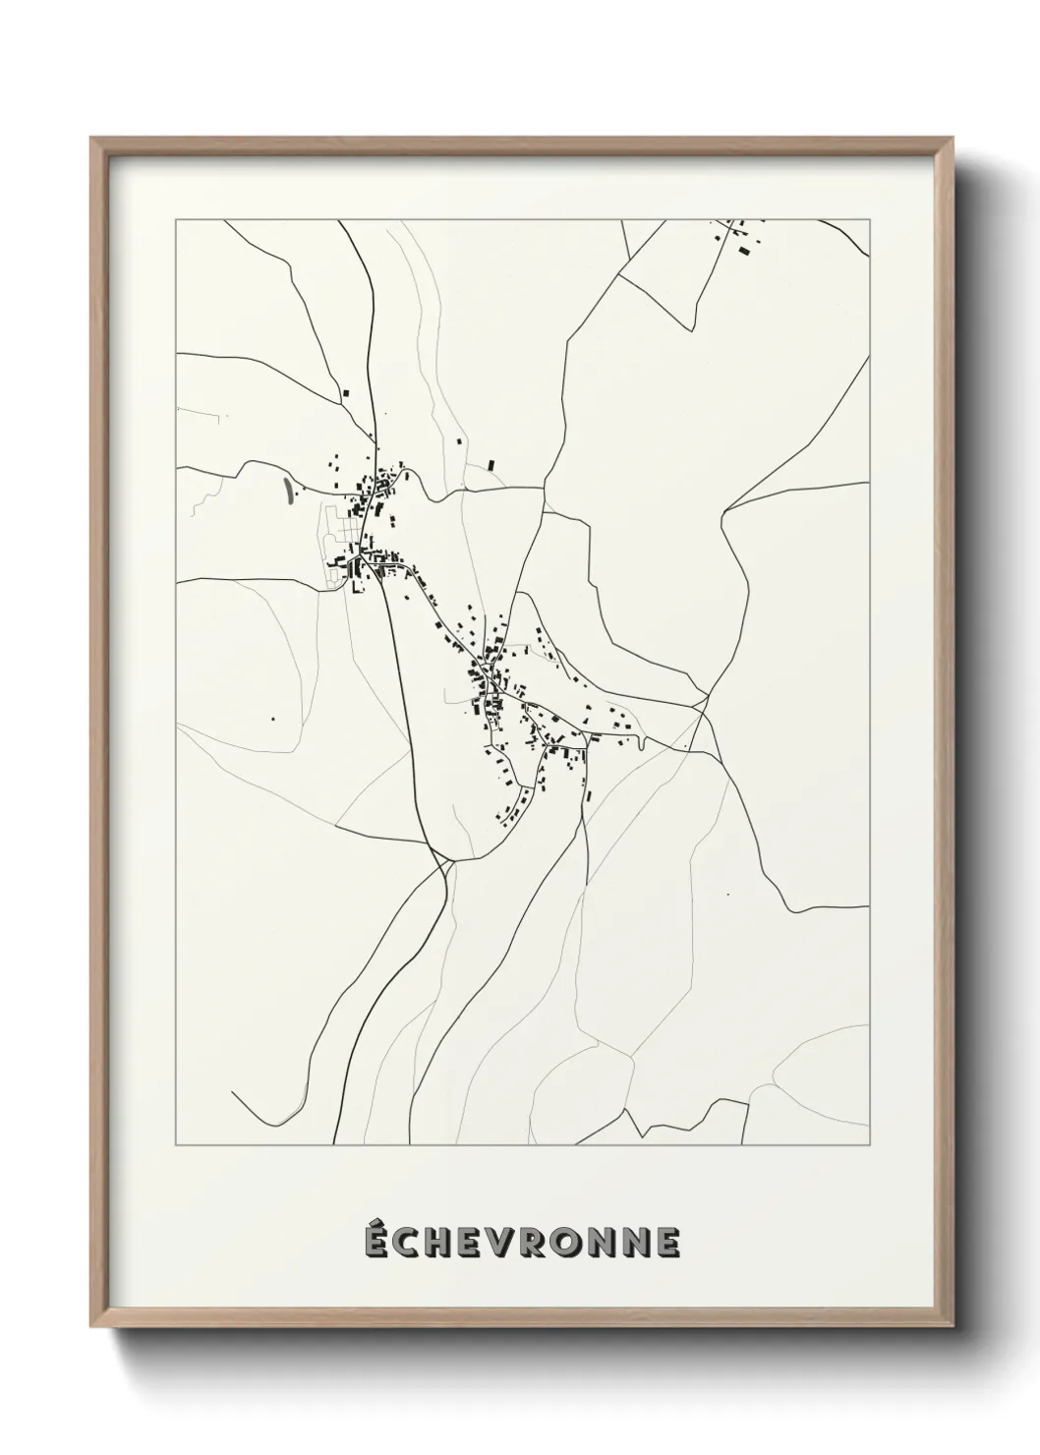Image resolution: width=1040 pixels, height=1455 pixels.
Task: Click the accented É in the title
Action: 376,1242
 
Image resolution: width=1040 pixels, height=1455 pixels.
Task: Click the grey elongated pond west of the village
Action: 287,492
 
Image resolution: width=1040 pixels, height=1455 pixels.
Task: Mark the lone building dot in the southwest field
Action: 273,720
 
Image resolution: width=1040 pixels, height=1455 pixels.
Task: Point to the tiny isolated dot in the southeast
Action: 726,895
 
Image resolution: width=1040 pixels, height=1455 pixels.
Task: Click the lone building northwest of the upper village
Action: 345,391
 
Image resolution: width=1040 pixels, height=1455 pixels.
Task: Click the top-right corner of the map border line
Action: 869,221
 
